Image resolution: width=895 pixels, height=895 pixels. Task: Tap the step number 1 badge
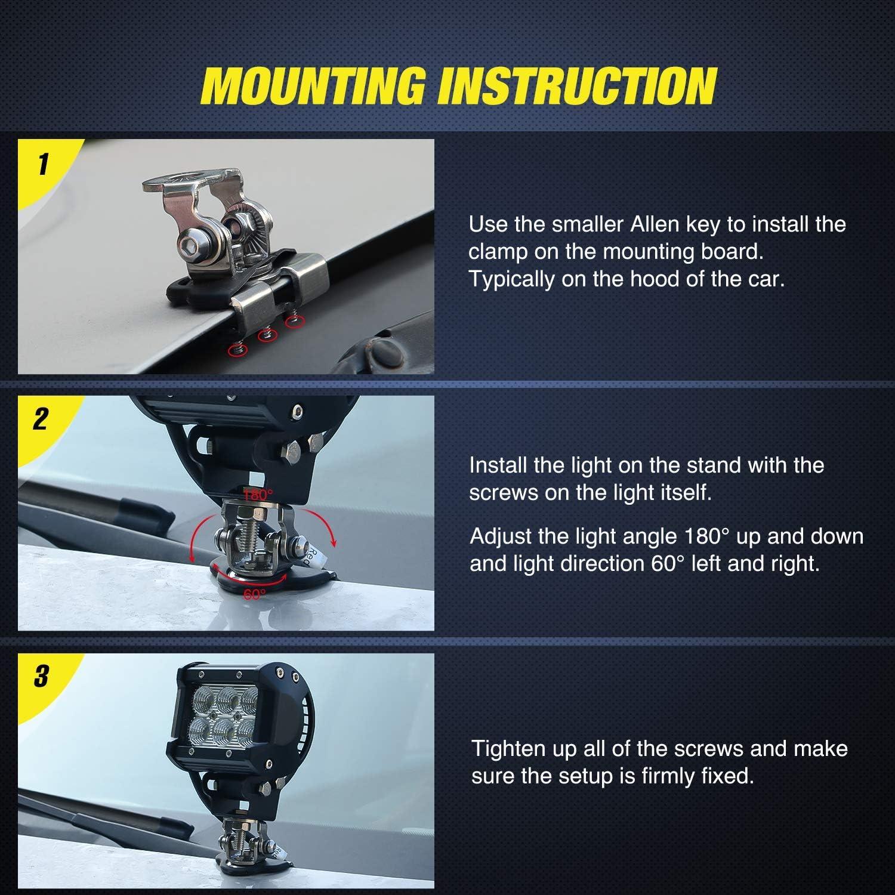42,164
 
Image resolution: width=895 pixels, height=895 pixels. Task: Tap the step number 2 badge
40,419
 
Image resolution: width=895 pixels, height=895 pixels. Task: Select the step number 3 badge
41,677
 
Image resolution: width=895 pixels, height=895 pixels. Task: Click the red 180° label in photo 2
257,494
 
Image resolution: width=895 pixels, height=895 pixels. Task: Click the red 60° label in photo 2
255,594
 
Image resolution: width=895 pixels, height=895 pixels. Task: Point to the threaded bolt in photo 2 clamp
247,531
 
